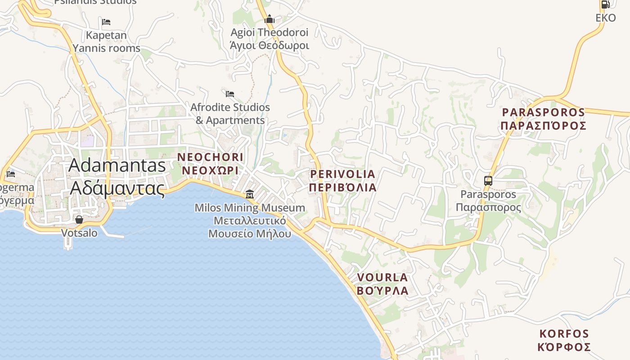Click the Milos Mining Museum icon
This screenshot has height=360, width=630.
point(249,194)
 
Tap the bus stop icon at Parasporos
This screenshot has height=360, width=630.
point(488,181)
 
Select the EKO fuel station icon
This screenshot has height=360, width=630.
point(605,4)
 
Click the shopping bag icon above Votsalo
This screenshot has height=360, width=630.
point(79,220)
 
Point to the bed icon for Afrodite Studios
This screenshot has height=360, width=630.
point(230,94)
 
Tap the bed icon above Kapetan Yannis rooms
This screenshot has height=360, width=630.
point(106,22)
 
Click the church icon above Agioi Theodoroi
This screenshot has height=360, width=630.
point(270,19)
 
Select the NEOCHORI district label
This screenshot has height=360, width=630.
point(210,157)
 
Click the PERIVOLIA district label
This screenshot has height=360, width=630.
point(342,174)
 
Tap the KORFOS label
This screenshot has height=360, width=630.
point(564,334)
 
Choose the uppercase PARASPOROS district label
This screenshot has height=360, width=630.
point(543,112)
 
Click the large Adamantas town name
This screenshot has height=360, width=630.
point(117,166)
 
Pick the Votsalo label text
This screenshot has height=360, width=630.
point(79,233)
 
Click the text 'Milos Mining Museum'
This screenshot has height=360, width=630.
point(250,208)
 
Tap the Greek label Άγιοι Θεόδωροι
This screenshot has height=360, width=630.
point(269,45)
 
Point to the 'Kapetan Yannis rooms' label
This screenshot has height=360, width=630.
point(107,41)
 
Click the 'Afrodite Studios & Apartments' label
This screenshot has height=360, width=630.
point(230,114)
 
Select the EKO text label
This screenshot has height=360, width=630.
point(605,18)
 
